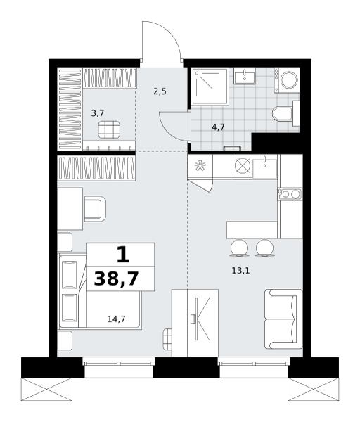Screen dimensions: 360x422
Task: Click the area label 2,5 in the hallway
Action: tap(160, 92)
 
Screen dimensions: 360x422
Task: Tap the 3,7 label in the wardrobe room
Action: tap(98, 113)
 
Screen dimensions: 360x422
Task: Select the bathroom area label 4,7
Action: tap(218, 127)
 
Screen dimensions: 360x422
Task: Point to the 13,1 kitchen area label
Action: tap(240, 271)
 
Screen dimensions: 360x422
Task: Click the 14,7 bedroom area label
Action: tap(116, 319)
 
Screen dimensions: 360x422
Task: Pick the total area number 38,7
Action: tap(116, 279)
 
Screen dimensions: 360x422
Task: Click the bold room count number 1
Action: tap(123, 255)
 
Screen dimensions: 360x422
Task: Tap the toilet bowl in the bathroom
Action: tap(283, 114)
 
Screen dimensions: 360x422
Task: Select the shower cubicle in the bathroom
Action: tap(210, 87)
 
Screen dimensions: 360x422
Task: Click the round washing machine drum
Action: tap(290, 80)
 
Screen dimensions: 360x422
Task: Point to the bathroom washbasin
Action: tap(244, 76)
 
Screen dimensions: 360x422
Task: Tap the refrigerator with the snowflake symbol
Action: tap(200, 166)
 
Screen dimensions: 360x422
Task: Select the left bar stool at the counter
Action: tap(239, 248)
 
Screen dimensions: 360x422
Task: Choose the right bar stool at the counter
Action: tap(265, 248)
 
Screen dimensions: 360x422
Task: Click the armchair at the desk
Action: tap(95, 209)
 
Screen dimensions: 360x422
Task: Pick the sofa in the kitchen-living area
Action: tap(283, 319)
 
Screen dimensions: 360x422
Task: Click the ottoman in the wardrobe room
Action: tap(109, 129)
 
